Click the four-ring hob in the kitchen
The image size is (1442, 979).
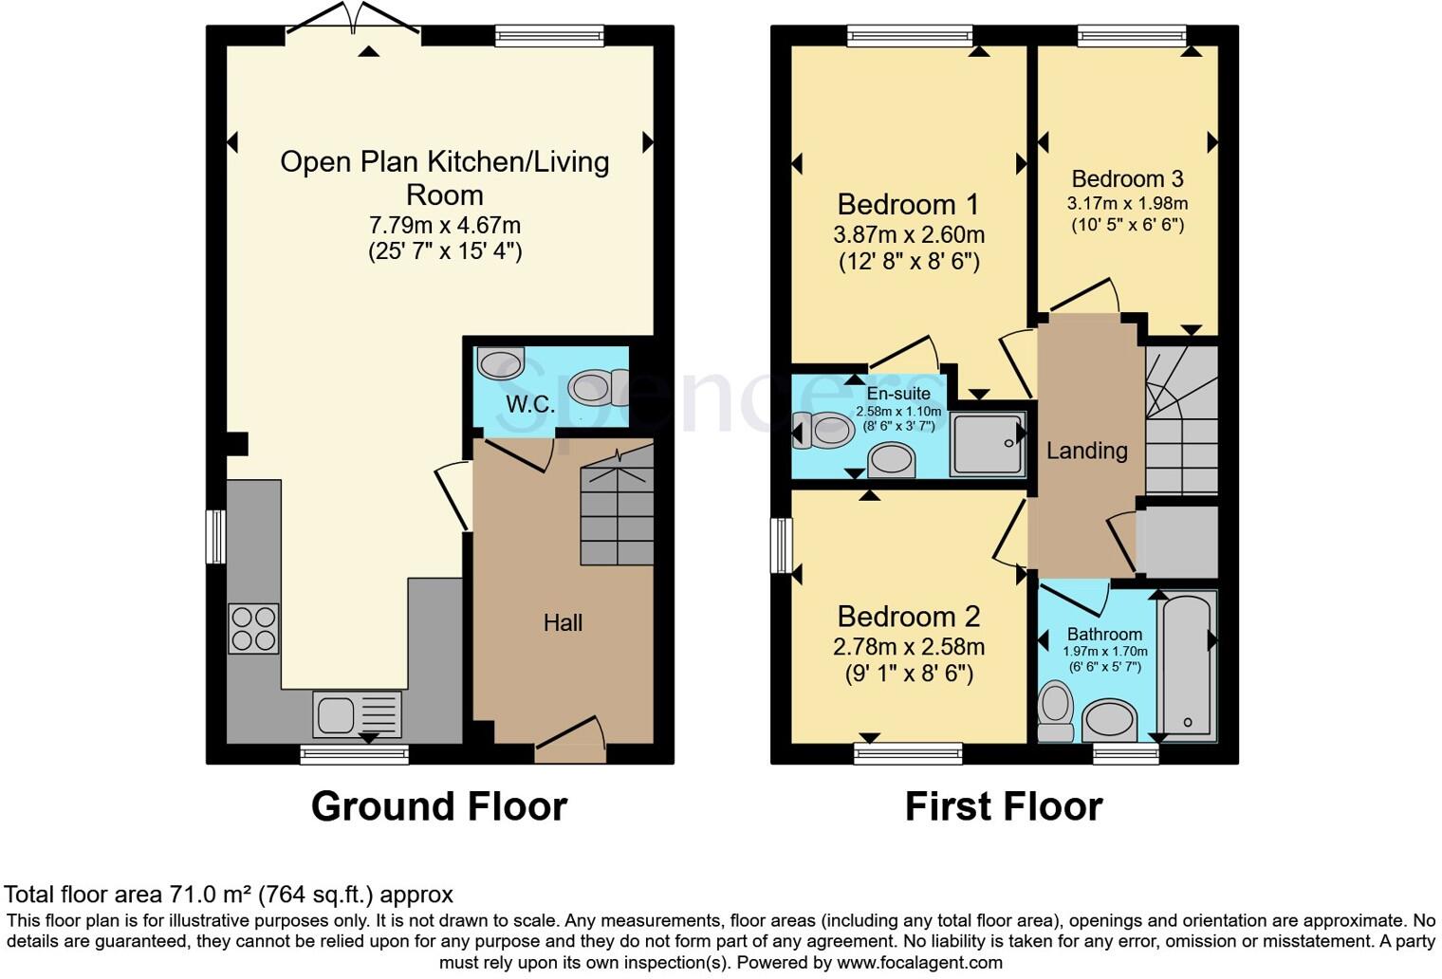pyautogui.click(x=253, y=628)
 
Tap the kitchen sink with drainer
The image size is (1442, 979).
pyautogui.click(x=357, y=713)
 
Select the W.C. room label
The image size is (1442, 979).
pyautogui.click(x=529, y=404)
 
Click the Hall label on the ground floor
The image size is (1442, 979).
pyautogui.click(x=563, y=622)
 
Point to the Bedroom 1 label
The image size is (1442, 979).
pyautogui.click(x=908, y=205)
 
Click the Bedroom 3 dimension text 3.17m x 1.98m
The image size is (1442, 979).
pyautogui.click(x=1127, y=203)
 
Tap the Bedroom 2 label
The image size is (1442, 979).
pyautogui.click(x=908, y=617)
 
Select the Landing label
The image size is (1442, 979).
pyautogui.click(x=1086, y=451)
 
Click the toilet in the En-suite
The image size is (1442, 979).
pyautogui.click(x=823, y=430)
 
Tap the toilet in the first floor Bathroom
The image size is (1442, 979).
pyautogui.click(x=1056, y=711)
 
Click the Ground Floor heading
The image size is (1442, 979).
pyautogui.click(x=439, y=805)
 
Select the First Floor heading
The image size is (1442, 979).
pyautogui.click(x=1004, y=805)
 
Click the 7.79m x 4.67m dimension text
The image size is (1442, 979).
pyautogui.click(x=444, y=225)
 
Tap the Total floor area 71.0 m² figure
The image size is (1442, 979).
pyautogui.click(x=229, y=894)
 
